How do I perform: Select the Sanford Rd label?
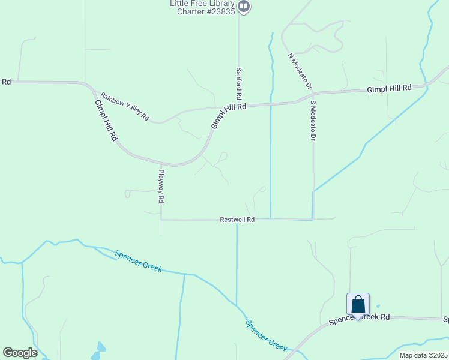click(x=238, y=83)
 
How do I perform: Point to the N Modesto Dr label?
click(x=300, y=71)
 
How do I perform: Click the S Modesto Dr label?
click(x=313, y=120)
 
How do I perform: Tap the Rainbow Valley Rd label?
click(x=125, y=107)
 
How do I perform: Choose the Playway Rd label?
click(x=161, y=186)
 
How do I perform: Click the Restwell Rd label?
click(x=237, y=220)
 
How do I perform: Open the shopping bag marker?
click(x=358, y=305)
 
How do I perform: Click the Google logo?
click(x=20, y=353)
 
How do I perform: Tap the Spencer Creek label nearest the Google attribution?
click(x=267, y=335)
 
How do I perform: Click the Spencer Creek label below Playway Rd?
click(x=139, y=261)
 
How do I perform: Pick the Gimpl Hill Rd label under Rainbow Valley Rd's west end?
click(x=106, y=120)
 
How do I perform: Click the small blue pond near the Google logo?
click(x=100, y=347)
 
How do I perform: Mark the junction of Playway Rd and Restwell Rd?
click(x=161, y=220)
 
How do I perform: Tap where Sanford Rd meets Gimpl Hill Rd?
click(x=239, y=106)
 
